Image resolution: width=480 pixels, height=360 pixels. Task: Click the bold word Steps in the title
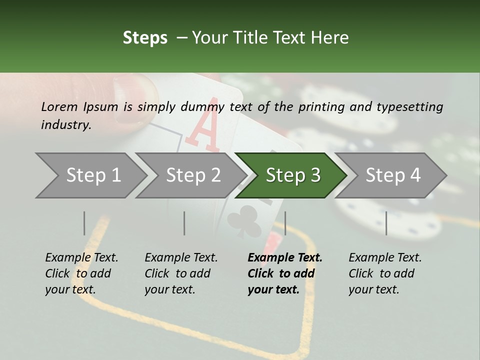click(x=145, y=38)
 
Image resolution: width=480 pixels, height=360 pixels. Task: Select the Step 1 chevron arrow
click(x=91, y=175)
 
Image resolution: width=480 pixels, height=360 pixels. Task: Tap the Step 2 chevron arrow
click(x=191, y=175)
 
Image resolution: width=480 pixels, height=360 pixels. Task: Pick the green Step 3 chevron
click(x=291, y=175)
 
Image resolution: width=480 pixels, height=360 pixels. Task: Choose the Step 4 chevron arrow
click(x=390, y=175)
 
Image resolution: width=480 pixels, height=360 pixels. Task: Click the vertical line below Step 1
click(x=84, y=223)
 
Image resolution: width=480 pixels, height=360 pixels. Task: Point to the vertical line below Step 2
click(x=184, y=223)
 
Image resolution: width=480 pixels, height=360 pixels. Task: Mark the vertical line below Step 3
click(x=285, y=223)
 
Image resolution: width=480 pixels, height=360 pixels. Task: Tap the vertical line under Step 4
click(x=386, y=223)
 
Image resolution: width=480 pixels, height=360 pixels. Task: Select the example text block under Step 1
click(x=81, y=273)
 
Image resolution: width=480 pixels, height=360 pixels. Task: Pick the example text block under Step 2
click(x=181, y=273)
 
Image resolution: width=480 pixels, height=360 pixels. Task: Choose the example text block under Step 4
click(x=385, y=273)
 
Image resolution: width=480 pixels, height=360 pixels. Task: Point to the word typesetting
click(x=410, y=107)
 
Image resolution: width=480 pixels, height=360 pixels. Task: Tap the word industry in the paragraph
click(x=66, y=125)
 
